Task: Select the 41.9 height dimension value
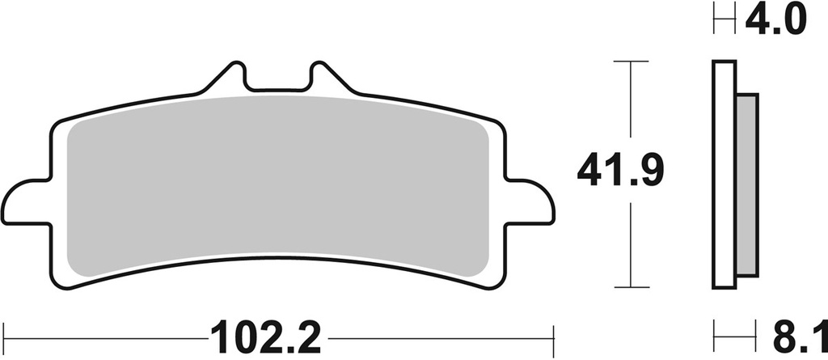(x=620, y=172)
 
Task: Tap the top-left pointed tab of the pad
(x=230, y=78)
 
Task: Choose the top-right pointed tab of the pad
(x=321, y=78)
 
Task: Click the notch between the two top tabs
(x=276, y=83)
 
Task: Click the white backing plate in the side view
(x=724, y=174)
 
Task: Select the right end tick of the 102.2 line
(x=552, y=334)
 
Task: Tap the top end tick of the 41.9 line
(x=631, y=61)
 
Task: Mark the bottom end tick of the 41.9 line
(x=631, y=287)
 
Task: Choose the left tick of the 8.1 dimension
(x=714, y=334)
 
